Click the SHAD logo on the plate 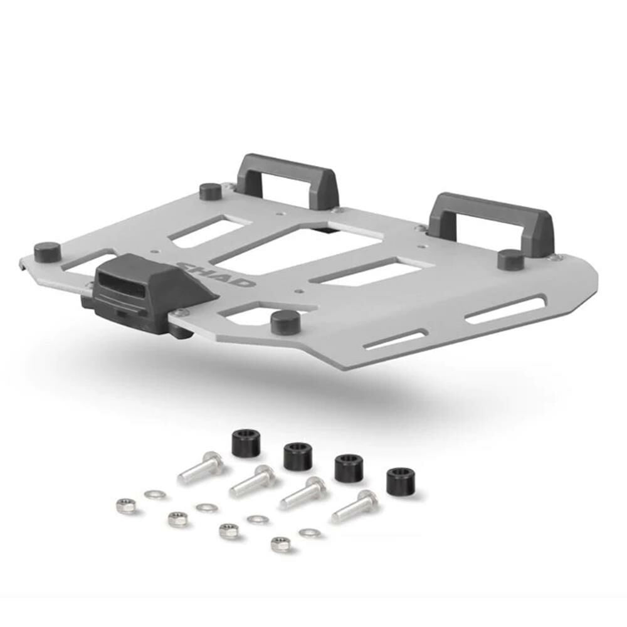(x=216, y=274)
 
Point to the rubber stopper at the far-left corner (x=47, y=251)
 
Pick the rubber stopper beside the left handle (x=210, y=191)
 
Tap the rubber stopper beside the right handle (x=510, y=259)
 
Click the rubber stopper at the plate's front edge (x=285, y=321)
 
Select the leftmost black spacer (x=246, y=443)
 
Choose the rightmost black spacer (x=401, y=481)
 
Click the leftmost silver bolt (x=200, y=467)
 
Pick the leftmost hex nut (x=126, y=505)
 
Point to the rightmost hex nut (x=280, y=544)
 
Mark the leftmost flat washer (x=155, y=495)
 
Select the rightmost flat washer (x=309, y=533)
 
